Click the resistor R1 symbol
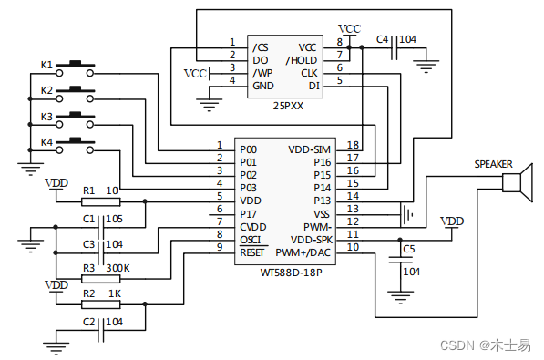coord(99,201)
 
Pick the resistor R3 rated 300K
coord(99,278)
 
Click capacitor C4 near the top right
coord(393,52)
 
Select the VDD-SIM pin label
coord(311,149)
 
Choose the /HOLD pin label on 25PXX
coord(303,60)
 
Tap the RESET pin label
coord(252,252)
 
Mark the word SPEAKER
coord(493,164)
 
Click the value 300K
coord(118,268)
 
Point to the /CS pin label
coord(261,47)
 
